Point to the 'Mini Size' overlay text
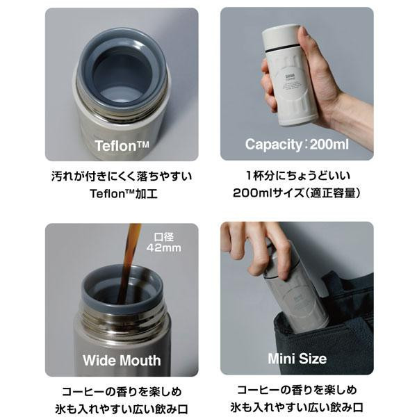296,359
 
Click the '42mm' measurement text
162,247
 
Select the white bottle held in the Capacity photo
285,76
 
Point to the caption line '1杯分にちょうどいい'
296,175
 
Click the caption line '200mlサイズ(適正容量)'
296,193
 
